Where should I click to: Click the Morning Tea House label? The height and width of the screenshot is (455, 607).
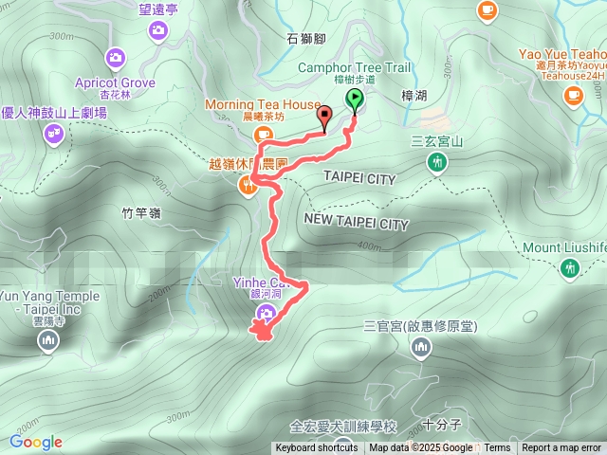pos(261,104)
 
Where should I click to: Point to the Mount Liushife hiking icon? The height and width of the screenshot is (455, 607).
pos(569,269)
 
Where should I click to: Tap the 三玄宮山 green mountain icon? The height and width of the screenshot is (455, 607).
pos(437,164)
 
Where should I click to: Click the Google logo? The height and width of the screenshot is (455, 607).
pos(36,442)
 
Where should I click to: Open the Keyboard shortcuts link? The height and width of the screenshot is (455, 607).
pos(317,448)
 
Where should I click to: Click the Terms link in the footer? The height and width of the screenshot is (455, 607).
pos(497,448)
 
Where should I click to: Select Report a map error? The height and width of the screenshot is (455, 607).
pos(561,448)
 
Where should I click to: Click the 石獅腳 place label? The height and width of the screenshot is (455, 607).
pos(306,40)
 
